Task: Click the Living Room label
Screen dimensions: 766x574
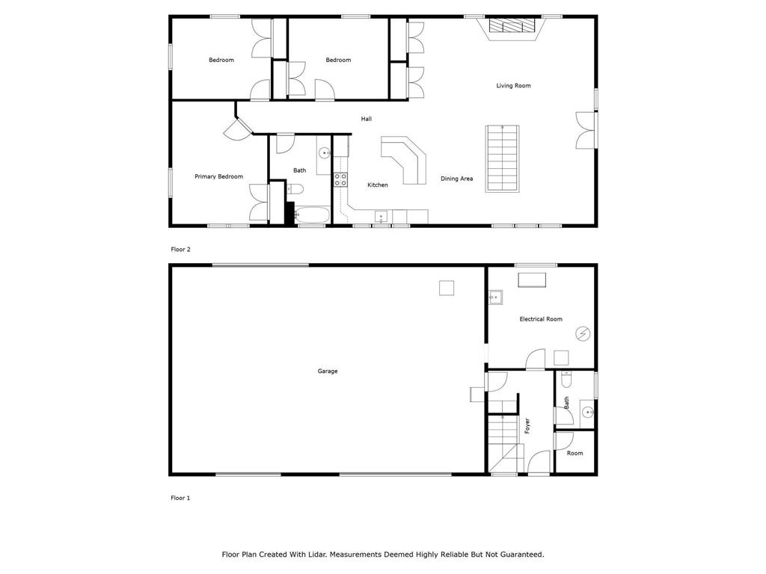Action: click(513, 86)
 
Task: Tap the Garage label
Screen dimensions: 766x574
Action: click(328, 371)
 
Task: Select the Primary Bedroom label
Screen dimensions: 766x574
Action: click(219, 176)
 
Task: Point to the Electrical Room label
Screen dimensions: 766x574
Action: click(541, 319)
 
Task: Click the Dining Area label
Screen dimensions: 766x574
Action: click(457, 179)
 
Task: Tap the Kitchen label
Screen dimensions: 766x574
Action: click(378, 185)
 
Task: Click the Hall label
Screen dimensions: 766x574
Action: click(367, 119)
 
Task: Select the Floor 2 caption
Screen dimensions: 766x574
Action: click(181, 250)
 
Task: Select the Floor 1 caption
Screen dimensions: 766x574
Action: click(180, 498)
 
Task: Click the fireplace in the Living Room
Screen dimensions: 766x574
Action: click(513, 26)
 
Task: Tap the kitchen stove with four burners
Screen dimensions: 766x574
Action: click(340, 179)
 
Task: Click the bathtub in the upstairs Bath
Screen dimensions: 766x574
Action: click(312, 215)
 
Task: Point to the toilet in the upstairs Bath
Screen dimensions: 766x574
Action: click(295, 189)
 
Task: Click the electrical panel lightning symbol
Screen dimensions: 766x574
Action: click(583, 334)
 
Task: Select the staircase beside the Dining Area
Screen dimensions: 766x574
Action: click(502, 158)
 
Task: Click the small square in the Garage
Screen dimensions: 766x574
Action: click(447, 288)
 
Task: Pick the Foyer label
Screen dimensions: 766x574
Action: click(527, 425)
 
